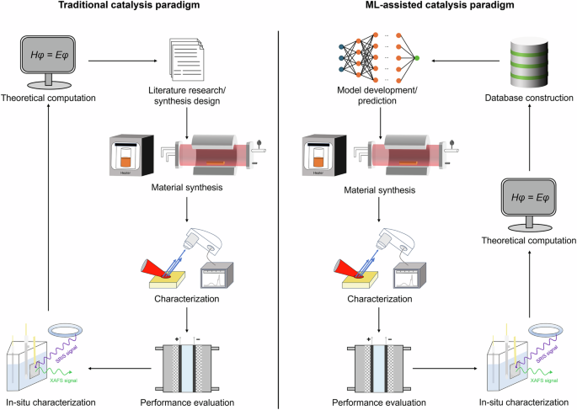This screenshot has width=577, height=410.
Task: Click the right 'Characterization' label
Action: pyautogui.click(x=377, y=297)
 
